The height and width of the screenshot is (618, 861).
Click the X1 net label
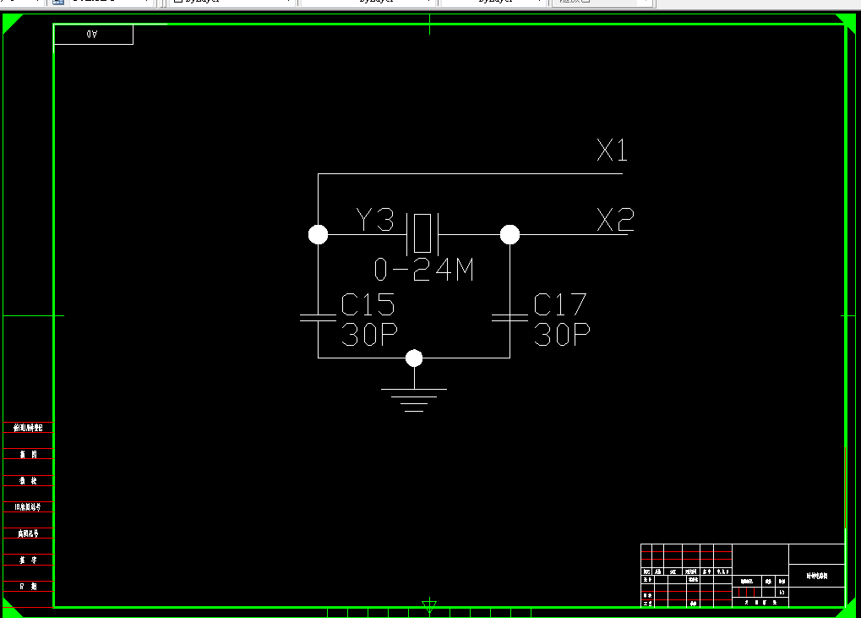[x=613, y=151]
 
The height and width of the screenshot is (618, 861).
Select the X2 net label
[x=615, y=221]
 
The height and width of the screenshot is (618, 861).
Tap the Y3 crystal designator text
[x=375, y=221]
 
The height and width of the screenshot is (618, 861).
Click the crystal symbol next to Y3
[x=422, y=233]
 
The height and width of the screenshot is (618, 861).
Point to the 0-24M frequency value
[x=424, y=270]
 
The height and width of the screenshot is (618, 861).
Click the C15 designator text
[x=368, y=304]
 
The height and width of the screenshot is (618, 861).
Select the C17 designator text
[x=560, y=304]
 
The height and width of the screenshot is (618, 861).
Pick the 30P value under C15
[x=368, y=335]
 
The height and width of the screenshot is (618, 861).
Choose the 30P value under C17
[x=561, y=335]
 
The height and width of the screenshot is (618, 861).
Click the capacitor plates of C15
[x=318, y=318]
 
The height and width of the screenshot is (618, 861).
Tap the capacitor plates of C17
[x=510, y=318]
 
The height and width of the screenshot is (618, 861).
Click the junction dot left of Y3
[x=318, y=234]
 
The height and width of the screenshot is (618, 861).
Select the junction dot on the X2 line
[x=510, y=234]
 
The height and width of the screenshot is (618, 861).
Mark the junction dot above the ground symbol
[x=414, y=358]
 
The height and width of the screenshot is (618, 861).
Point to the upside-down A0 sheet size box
[x=93, y=35]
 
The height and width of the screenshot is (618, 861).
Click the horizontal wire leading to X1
[x=470, y=174]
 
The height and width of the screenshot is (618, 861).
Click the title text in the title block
[x=816, y=575]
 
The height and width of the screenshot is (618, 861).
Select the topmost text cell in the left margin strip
[x=28, y=428]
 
